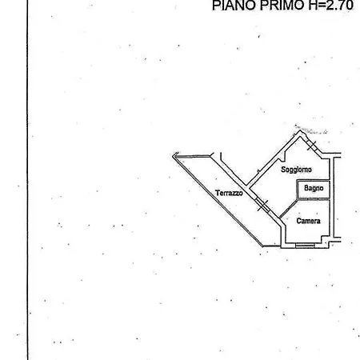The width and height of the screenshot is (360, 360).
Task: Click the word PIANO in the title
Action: tap(234, 6)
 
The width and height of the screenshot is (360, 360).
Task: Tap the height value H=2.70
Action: tap(331, 6)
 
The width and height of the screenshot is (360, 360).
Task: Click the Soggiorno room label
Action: tap(296, 170)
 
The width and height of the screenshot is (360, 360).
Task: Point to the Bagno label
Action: tap(314, 188)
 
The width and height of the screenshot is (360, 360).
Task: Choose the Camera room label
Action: tap(308, 221)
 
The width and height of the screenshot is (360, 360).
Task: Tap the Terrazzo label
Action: tap(229, 193)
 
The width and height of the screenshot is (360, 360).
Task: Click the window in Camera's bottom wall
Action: tap(305, 246)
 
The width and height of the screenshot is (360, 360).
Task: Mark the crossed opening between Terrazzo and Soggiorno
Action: tap(262, 205)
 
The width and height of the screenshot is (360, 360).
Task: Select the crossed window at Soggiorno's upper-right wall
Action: tap(311, 146)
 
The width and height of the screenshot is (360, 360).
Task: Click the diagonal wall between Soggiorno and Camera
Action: tap(289, 208)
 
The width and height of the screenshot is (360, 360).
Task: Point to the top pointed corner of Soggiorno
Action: tap(300, 130)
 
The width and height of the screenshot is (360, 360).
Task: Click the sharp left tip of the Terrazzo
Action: tap(174, 156)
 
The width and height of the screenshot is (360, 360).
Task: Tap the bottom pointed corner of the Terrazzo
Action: tap(263, 246)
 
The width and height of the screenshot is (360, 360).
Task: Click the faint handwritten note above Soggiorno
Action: tap(311, 129)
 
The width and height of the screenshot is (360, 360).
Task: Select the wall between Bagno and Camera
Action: tap(314, 199)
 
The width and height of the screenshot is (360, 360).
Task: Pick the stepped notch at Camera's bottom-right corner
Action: tap(326, 242)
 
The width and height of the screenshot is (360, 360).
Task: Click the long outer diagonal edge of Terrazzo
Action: tap(218, 201)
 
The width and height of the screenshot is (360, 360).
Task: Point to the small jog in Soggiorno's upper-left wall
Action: tap(282, 157)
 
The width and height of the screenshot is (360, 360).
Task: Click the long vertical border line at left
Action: tap(27, 180)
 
